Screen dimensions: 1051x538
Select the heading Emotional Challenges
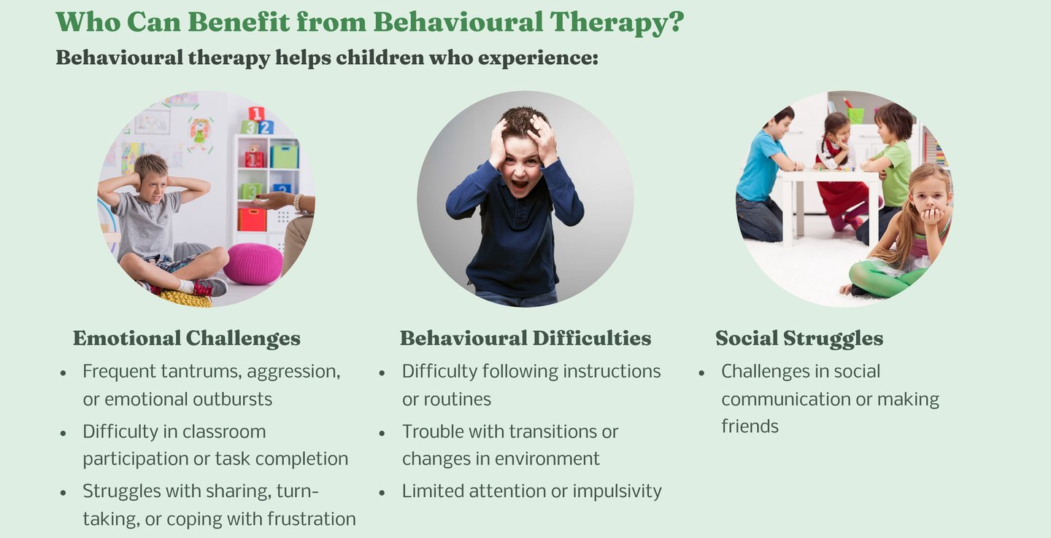click(x=187, y=338)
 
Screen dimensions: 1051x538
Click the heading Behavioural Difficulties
click(x=525, y=338)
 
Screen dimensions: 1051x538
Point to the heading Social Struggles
click(x=799, y=338)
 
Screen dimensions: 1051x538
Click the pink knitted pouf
click(x=253, y=263)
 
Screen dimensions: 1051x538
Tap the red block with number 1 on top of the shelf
click(x=256, y=114)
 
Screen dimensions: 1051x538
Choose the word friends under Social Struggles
click(x=750, y=426)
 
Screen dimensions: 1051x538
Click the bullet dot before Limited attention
click(x=382, y=493)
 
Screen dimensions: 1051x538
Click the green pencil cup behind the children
click(x=855, y=115)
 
